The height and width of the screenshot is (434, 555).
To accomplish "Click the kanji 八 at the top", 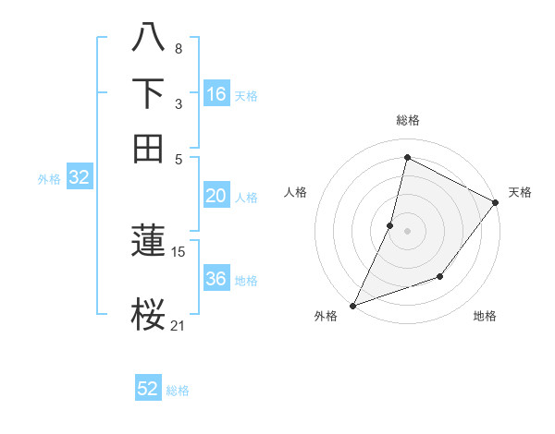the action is (x=148, y=39).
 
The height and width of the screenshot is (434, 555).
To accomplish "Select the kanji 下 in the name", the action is (x=148, y=93).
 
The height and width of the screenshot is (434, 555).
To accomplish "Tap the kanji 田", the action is (x=148, y=148).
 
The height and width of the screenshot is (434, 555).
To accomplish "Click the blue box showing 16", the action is (x=216, y=94).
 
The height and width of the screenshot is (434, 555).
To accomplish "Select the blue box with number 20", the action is (x=216, y=196).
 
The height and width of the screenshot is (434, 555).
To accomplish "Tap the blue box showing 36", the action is (x=216, y=279).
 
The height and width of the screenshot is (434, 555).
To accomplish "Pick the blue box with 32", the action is (x=79, y=178).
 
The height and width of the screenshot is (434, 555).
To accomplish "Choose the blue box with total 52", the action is (x=148, y=389).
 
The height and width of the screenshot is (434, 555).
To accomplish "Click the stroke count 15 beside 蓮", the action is (x=179, y=251).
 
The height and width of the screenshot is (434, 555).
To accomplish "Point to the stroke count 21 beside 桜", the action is (x=179, y=324).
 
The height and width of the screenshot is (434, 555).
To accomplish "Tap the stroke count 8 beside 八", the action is (x=179, y=48).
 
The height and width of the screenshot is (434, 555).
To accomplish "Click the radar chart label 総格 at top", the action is (x=407, y=120).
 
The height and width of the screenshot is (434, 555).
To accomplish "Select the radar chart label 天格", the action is (x=520, y=192).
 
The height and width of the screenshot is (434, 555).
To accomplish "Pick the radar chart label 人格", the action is (x=296, y=192).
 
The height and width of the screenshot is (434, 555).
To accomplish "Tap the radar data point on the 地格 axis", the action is (x=440, y=276).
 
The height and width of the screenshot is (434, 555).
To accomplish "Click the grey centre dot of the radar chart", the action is (x=407, y=230).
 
